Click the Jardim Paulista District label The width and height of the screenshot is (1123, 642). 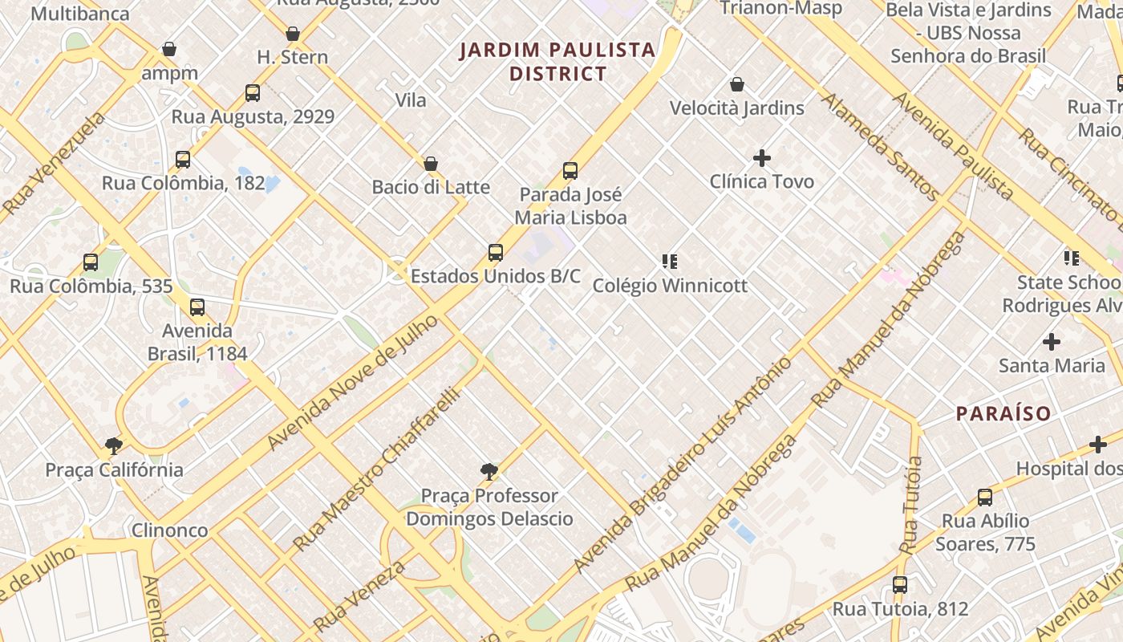point(557,62)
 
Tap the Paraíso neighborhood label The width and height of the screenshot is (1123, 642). point(1003,414)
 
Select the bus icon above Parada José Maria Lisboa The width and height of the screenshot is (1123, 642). point(570,170)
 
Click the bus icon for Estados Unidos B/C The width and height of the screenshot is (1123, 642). point(496,253)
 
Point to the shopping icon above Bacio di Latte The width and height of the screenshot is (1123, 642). point(431,164)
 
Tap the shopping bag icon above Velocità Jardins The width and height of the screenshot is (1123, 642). point(737,84)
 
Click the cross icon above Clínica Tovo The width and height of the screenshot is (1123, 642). point(762,158)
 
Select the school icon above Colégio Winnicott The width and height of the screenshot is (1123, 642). point(670,262)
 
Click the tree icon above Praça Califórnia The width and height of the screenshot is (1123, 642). point(114,446)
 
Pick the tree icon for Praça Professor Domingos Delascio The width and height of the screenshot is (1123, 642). point(489,472)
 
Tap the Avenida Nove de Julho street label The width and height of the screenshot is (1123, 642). point(353,382)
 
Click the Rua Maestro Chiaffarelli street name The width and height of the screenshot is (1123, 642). point(376,469)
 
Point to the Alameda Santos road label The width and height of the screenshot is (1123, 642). point(880,146)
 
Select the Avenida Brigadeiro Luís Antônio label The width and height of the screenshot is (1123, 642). point(682,465)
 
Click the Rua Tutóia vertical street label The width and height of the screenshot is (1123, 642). point(912,505)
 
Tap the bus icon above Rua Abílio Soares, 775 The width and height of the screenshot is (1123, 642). point(985,498)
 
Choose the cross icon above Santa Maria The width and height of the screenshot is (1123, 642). point(1052,342)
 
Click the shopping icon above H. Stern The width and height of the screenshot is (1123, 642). point(293,34)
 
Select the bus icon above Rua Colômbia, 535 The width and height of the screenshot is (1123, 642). point(91,262)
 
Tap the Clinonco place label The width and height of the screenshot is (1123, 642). point(169,530)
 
